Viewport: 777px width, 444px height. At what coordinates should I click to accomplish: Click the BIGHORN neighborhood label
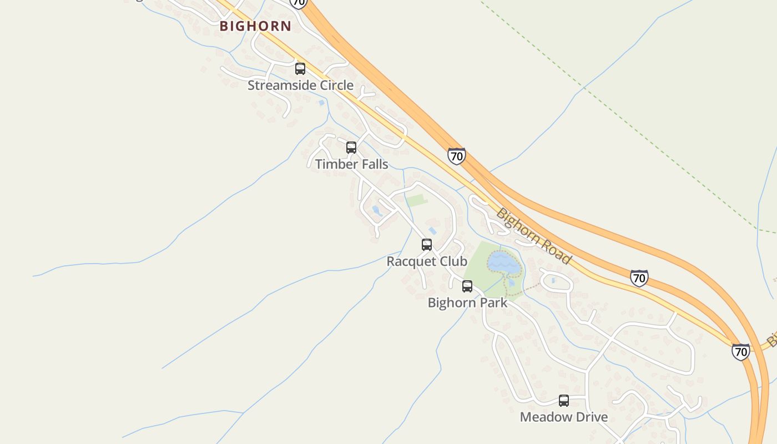coord(255,26)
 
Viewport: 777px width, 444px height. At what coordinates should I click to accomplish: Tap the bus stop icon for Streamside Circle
coord(300,69)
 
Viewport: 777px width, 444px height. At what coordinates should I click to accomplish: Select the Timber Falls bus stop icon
coord(351,148)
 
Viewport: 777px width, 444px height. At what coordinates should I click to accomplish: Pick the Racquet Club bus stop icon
coord(427,245)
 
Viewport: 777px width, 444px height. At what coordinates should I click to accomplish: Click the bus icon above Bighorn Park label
coord(467,286)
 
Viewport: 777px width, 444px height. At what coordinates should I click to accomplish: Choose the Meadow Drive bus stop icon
coord(564,401)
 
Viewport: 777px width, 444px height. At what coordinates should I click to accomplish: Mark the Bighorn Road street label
coord(533,236)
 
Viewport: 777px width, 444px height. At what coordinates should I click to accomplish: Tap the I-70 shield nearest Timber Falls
coord(456,156)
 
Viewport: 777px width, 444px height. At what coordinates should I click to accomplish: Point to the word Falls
coord(372,164)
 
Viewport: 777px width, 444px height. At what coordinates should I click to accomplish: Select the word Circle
coord(334,85)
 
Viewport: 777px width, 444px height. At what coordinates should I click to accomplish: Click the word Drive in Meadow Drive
coord(589,417)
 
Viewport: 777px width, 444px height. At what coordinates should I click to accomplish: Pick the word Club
coord(452,261)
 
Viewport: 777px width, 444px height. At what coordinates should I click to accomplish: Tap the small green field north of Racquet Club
coord(416,200)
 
